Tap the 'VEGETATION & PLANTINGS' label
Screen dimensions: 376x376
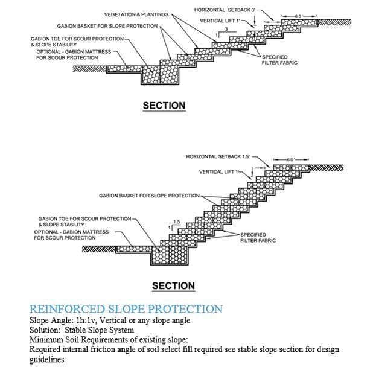coord(136,14)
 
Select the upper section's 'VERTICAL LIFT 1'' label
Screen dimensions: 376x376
coord(221,21)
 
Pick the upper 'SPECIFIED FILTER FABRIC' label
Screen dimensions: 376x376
coord(279,59)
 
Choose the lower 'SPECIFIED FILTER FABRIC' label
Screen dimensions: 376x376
coord(258,237)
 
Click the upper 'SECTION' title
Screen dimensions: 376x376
coord(164,106)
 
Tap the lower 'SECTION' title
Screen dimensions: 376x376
coord(173,285)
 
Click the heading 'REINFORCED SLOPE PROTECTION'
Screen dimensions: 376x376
coord(126,309)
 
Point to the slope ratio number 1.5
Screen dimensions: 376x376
coord(177,222)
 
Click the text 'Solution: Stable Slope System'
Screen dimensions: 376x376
coord(83,330)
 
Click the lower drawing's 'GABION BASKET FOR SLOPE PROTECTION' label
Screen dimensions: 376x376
coord(149,196)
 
